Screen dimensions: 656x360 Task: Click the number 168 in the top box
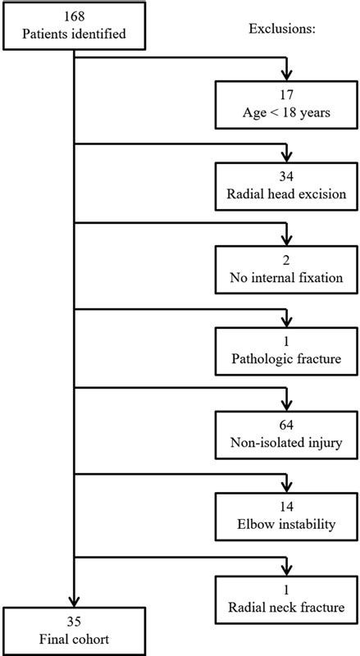point(74,18)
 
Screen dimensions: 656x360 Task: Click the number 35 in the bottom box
point(74,622)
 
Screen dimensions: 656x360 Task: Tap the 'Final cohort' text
point(74,639)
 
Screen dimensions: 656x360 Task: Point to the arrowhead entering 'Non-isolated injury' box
point(285,405)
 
